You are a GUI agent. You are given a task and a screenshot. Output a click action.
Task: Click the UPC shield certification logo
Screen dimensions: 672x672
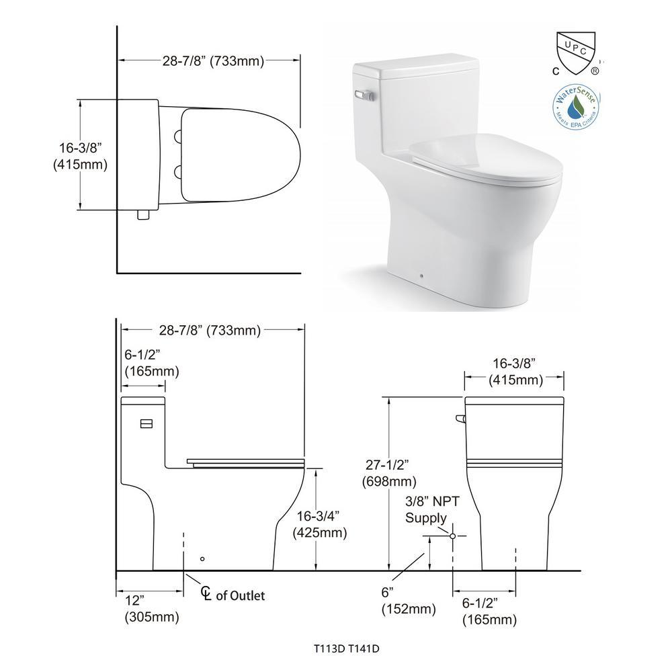coord(576,53)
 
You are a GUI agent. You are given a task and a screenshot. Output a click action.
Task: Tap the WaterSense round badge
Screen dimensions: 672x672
coord(575,107)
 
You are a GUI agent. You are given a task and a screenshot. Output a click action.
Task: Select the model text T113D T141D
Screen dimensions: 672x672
coord(346,648)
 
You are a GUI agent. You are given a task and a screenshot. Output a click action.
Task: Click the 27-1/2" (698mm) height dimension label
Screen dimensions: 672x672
coord(388,473)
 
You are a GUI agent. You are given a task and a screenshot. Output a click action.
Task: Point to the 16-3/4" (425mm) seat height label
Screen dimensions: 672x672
coord(319,524)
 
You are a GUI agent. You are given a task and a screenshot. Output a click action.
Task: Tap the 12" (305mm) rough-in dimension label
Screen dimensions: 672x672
coord(152,609)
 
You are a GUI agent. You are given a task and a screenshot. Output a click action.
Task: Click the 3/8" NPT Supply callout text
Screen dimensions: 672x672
coord(432,509)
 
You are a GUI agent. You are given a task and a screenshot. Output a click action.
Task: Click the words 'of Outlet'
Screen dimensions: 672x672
coord(241,595)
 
